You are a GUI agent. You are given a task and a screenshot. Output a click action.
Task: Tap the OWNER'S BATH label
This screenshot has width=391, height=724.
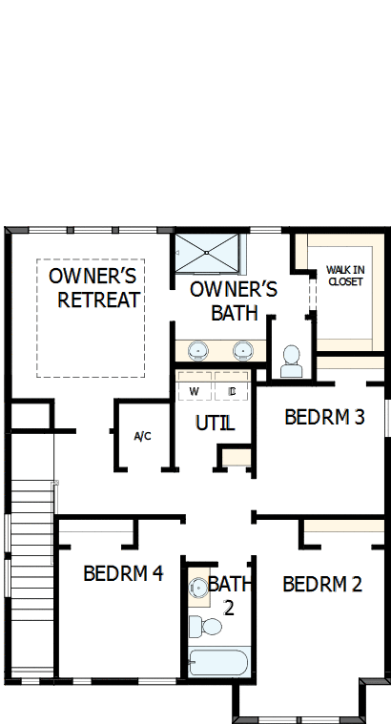(x=234, y=300)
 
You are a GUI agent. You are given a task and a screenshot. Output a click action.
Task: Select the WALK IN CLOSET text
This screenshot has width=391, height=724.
(x=344, y=275)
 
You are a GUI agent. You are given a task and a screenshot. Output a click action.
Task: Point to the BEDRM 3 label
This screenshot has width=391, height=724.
(x=324, y=417)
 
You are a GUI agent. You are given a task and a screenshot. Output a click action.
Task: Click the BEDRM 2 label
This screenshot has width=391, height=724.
(x=322, y=584)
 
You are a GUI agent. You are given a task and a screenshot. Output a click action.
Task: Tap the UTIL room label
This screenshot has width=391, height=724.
(x=215, y=423)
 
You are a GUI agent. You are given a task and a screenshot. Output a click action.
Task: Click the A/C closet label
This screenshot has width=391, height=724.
(x=142, y=437)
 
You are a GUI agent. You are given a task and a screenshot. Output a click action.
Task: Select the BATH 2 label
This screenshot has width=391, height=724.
(x=229, y=592)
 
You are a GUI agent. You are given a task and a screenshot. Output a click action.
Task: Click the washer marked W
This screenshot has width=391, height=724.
(x=194, y=391)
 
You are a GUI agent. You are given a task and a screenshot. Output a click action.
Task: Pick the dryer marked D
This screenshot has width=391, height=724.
(x=232, y=391)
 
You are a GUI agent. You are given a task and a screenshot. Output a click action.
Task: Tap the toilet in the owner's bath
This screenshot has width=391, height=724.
(x=292, y=360)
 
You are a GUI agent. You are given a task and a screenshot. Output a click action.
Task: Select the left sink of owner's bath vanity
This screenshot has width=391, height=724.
(x=199, y=349)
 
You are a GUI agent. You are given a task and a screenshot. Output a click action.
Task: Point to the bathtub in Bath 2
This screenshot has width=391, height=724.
(x=218, y=662)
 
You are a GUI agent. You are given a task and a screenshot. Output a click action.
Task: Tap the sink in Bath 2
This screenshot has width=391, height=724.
(x=197, y=588)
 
